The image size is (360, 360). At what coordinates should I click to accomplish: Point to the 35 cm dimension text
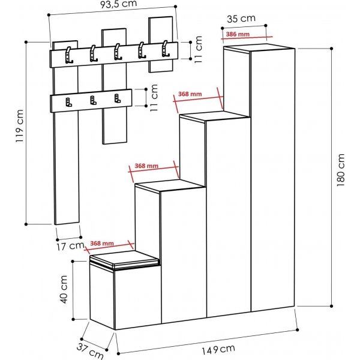tap(241, 18)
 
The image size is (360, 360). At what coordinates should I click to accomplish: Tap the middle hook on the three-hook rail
tap(92, 101)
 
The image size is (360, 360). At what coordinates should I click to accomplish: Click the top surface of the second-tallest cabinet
tap(214, 116)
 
